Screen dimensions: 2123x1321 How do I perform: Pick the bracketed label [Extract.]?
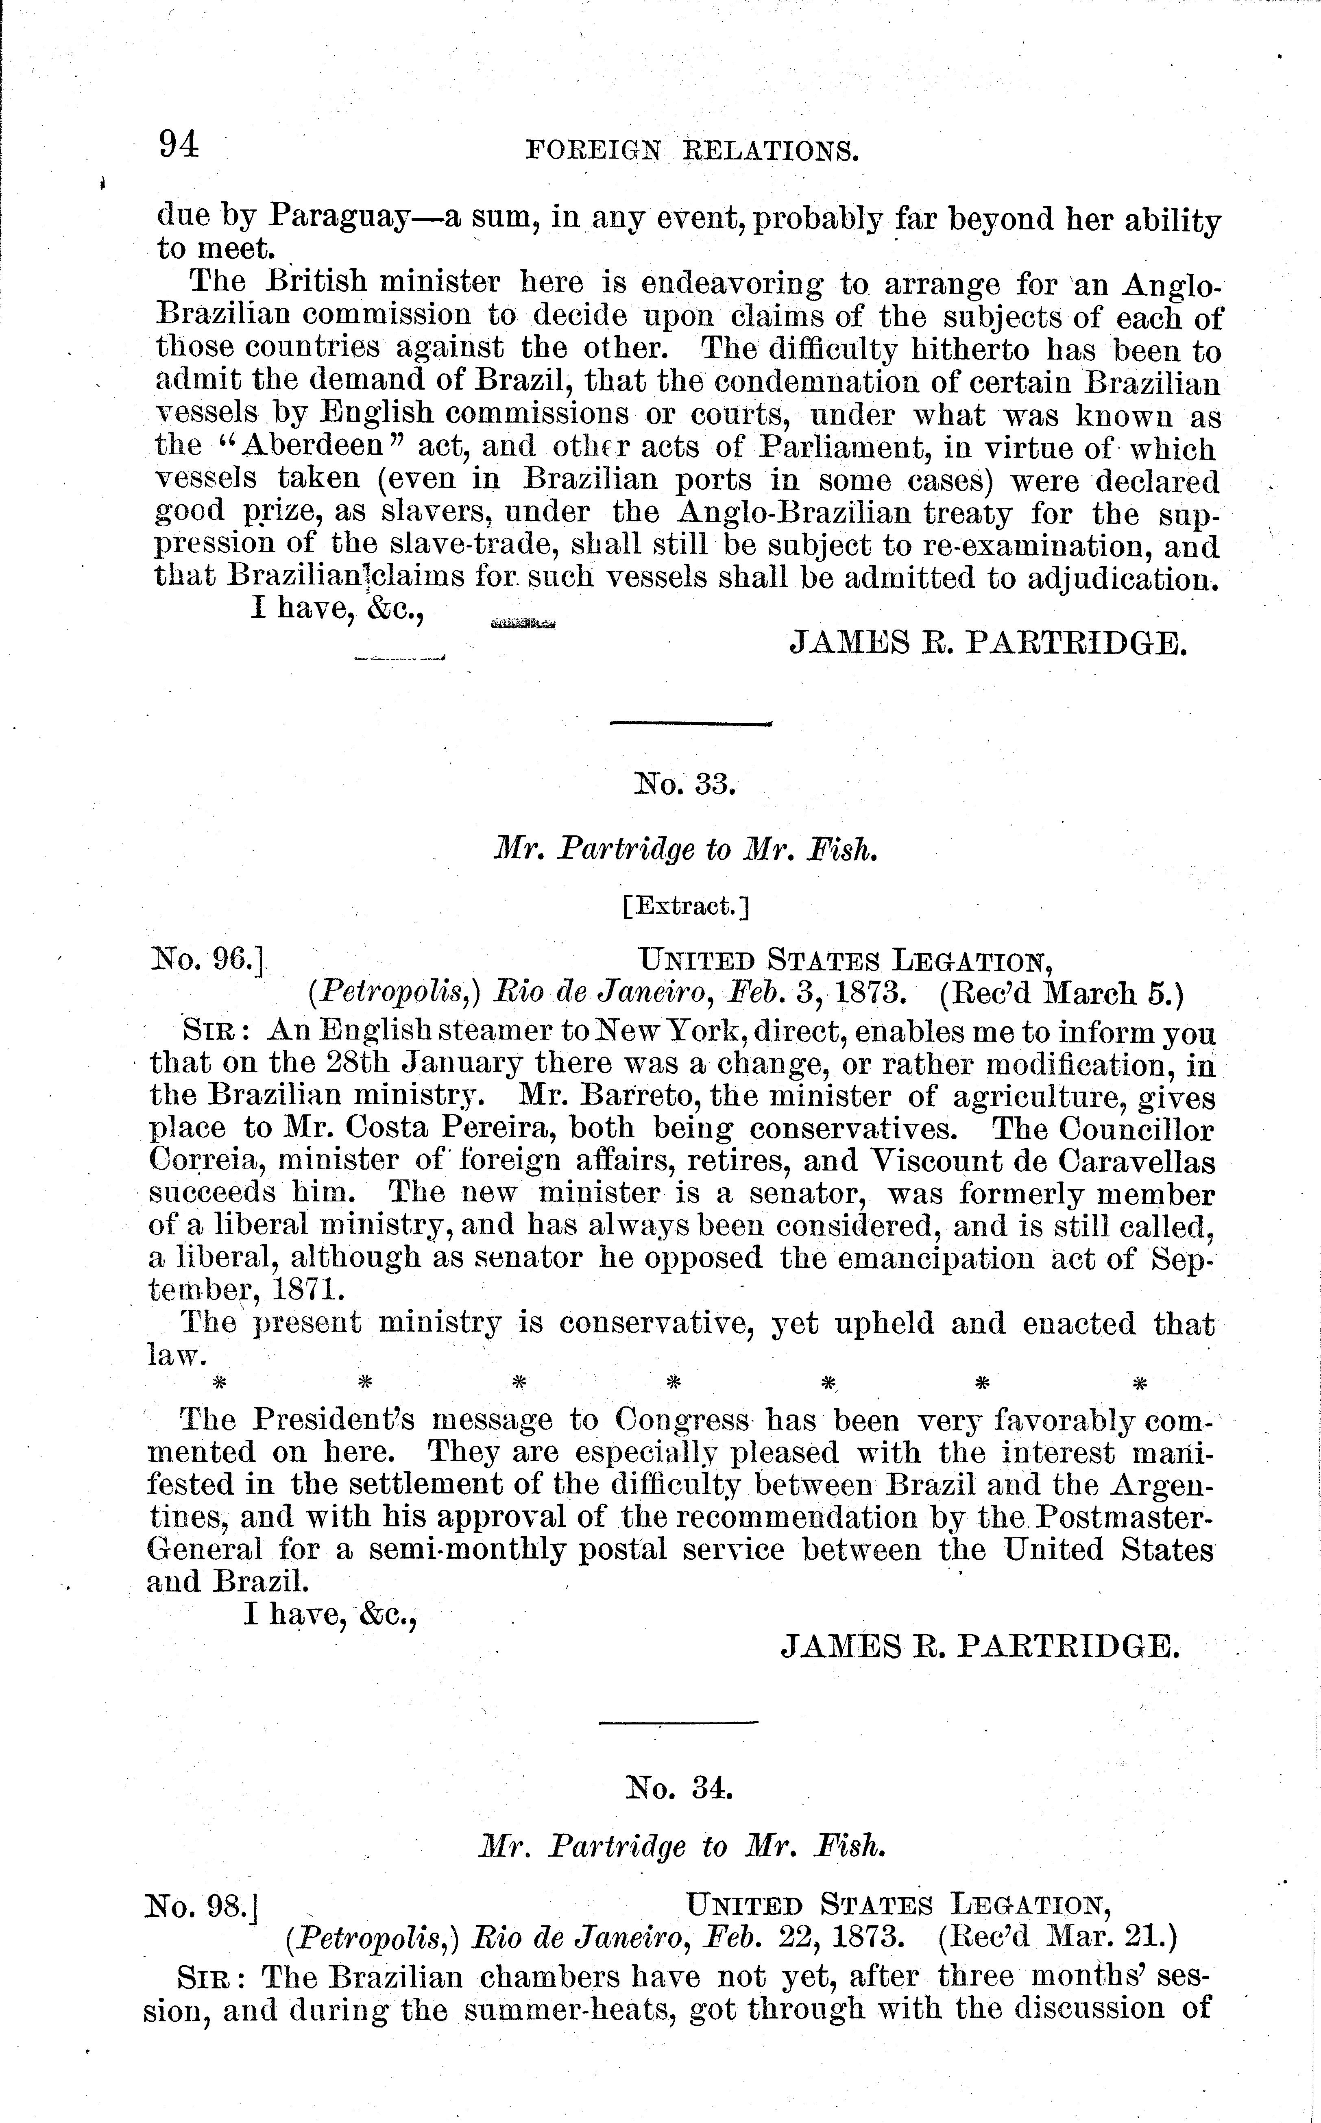686,906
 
